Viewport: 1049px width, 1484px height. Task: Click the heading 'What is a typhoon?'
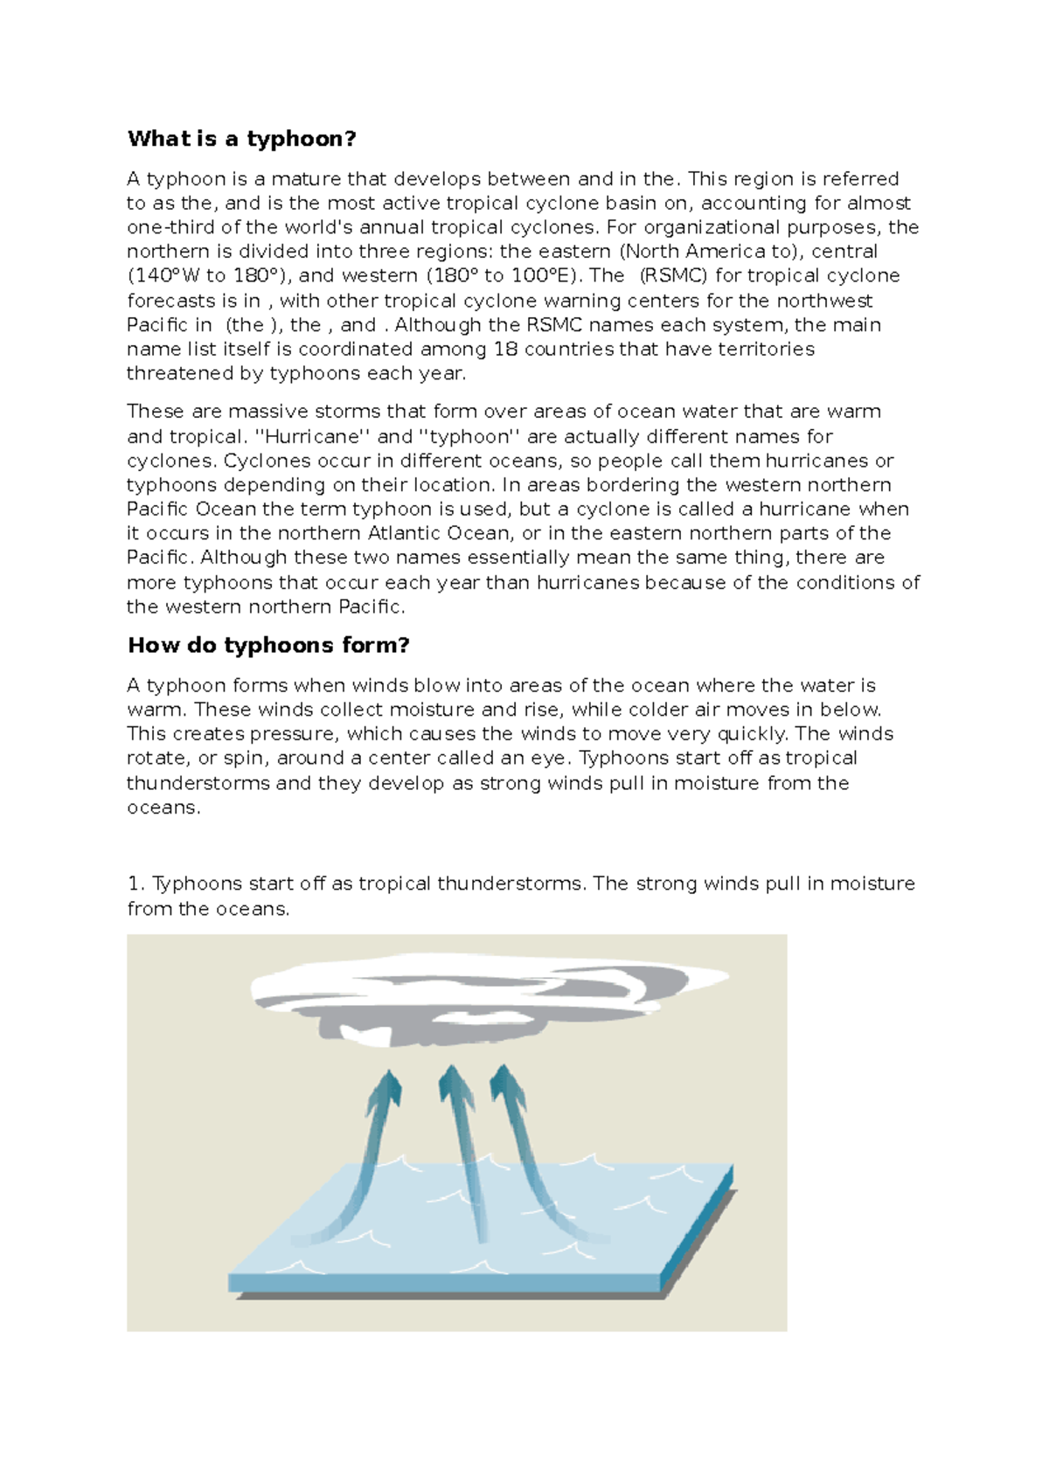tap(241, 139)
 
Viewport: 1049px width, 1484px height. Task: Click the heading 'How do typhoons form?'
tap(268, 645)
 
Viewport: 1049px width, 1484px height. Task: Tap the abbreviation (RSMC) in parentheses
tap(673, 275)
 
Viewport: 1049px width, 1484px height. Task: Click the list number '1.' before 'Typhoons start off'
tap(135, 884)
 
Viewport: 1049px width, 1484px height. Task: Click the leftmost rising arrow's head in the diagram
tap(386, 1089)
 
